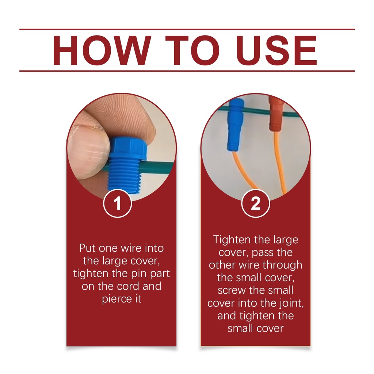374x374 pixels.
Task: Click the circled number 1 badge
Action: tap(118, 203)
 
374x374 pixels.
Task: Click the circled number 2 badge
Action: tap(256, 203)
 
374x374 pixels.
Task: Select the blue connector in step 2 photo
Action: tap(236, 125)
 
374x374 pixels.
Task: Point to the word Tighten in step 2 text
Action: tap(232, 240)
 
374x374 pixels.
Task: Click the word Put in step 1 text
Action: tap(88, 248)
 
